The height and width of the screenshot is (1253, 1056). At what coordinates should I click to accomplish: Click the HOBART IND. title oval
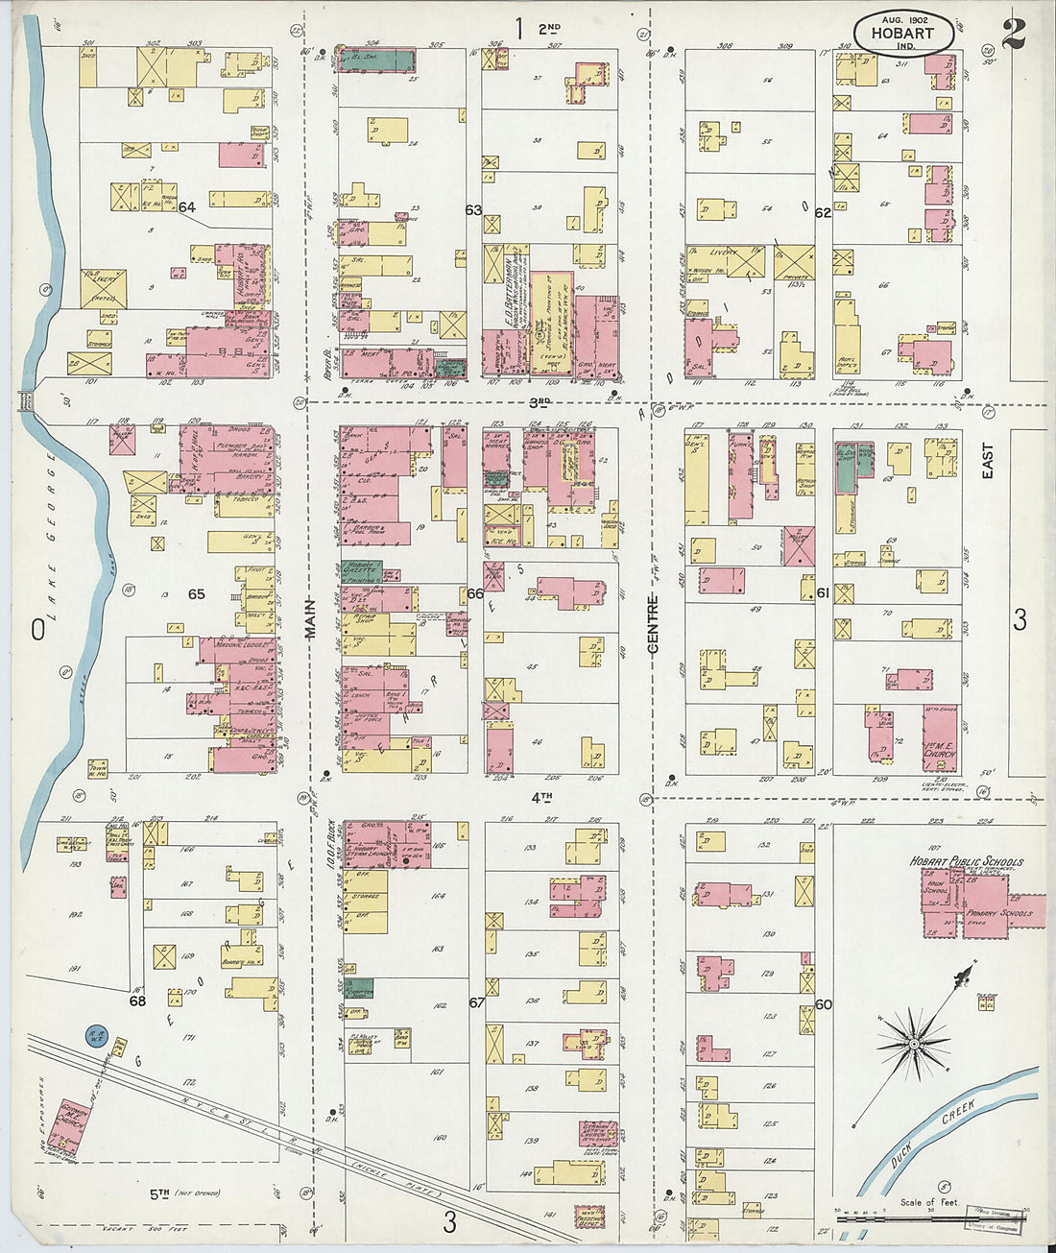(903, 35)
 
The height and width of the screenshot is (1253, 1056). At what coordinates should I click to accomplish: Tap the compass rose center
(914, 1043)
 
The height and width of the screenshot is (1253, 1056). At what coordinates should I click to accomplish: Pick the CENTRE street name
(652, 624)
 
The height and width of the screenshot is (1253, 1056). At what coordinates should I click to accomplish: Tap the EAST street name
(988, 460)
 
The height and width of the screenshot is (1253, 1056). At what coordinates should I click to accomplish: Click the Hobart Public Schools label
(966, 862)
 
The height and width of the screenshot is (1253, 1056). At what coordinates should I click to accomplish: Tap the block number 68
(137, 1000)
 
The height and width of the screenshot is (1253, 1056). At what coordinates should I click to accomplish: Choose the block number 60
(824, 1004)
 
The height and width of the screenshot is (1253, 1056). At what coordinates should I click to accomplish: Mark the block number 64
(186, 207)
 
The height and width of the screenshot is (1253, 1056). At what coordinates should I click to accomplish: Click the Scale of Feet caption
(928, 1201)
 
